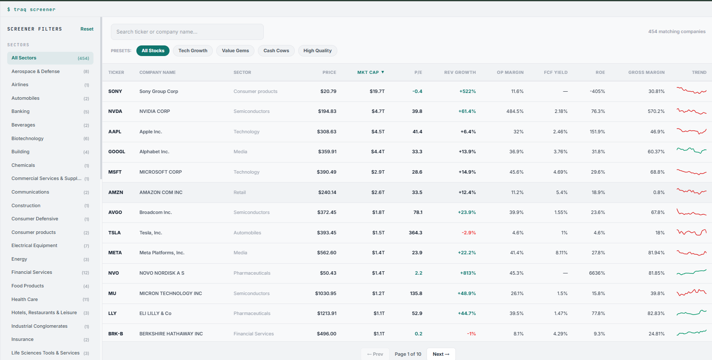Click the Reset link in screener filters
(87, 29)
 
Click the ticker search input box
(187, 32)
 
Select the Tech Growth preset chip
(192, 51)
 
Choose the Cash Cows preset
(276, 51)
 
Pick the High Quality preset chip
(317, 51)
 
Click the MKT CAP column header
(370, 73)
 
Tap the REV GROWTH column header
(460, 73)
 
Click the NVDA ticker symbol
(115, 112)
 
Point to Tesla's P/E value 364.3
(415, 233)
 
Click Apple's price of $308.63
(326, 132)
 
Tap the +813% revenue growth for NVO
(468, 273)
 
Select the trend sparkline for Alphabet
(691, 150)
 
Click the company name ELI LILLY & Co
(155, 314)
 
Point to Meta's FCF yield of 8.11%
(561, 253)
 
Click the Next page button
(441, 354)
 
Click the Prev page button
(375, 354)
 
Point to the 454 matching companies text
(677, 32)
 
